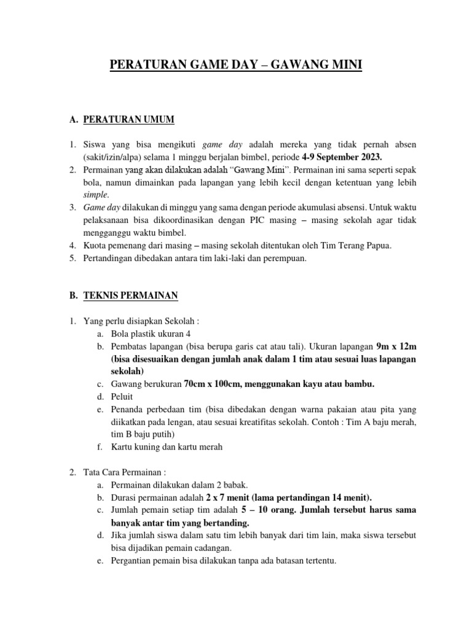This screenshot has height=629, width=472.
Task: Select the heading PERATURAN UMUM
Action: pyautogui.click(x=124, y=119)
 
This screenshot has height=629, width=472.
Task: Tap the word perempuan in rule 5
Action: pyautogui.click(x=285, y=259)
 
